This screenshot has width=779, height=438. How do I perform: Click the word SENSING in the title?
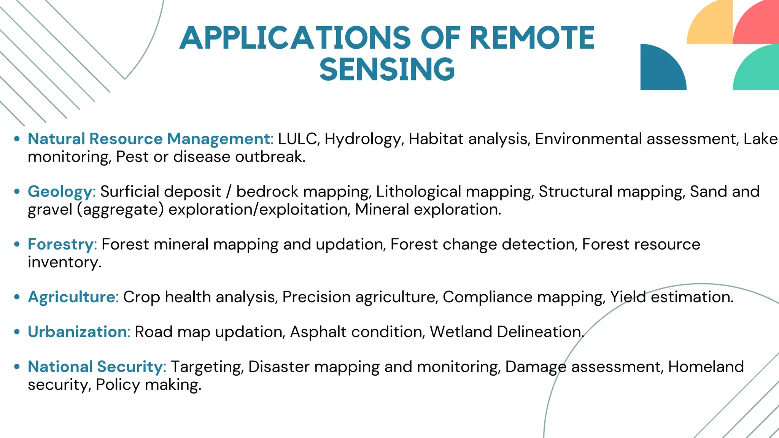[387, 69]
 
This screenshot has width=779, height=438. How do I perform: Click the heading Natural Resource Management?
[150, 139]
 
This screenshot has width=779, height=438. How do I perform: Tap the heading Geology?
[61, 192]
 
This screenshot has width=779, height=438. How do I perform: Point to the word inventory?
[64, 262]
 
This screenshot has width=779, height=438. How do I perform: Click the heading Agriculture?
[73, 297]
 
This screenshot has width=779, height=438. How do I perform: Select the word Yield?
[628, 297]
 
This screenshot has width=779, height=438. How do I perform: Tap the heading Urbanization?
[79, 332]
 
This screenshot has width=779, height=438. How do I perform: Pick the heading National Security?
[97, 367]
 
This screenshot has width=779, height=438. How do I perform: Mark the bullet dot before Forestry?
[17, 244]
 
